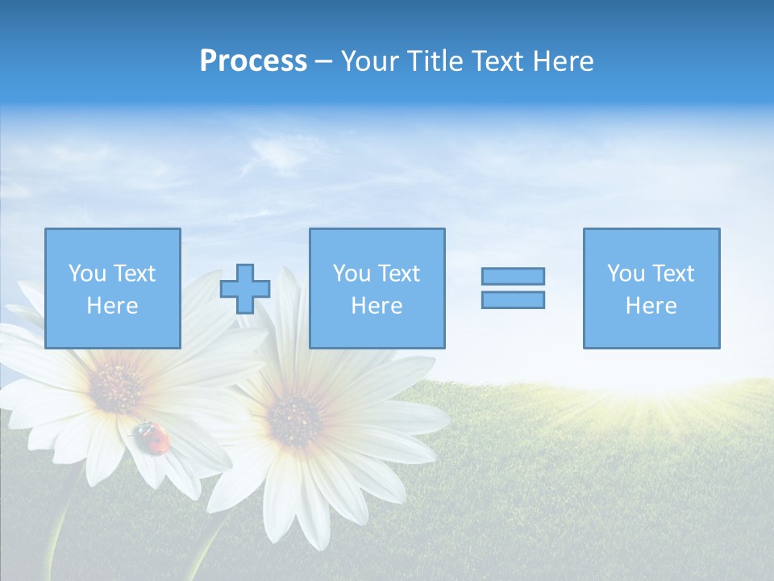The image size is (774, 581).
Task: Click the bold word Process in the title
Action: pyautogui.click(x=253, y=61)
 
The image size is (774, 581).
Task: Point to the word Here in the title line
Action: pyautogui.click(x=563, y=61)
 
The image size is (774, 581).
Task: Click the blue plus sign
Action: pyautogui.click(x=245, y=289)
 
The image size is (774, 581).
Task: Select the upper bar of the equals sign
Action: pyautogui.click(x=513, y=276)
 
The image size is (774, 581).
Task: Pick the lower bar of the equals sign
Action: pyautogui.click(x=513, y=300)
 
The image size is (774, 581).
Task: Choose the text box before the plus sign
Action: pyautogui.click(x=113, y=288)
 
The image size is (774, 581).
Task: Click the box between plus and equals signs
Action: pyautogui.click(x=377, y=288)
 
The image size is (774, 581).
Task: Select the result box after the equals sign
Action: pyautogui.click(x=651, y=288)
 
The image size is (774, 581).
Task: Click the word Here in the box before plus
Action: pyautogui.click(x=113, y=306)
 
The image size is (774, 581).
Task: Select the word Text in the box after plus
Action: pyautogui.click(x=399, y=274)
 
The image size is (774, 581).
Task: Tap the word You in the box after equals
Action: pyautogui.click(x=626, y=274)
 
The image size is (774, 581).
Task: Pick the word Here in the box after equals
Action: pyautogui.click(x=651, y=306)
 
